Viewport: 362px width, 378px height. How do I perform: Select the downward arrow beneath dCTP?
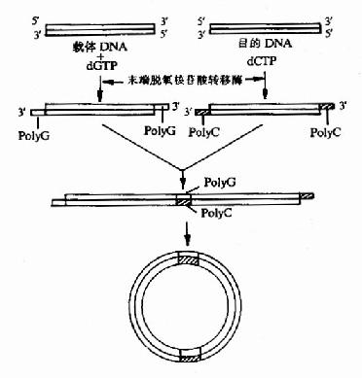[265, 90]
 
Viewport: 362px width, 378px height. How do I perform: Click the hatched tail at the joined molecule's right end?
[306, 197]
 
